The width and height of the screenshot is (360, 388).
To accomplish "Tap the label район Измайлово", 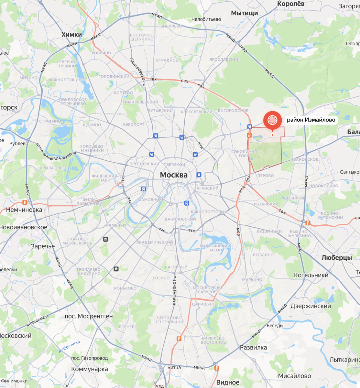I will pos(311,120).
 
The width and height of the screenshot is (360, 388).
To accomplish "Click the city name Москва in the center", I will pos(174,175).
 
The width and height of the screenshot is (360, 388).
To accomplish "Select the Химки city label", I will pos(71,35).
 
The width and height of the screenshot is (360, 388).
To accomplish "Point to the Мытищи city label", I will pos(244,13).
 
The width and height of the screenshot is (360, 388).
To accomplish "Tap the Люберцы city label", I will pos(336,257).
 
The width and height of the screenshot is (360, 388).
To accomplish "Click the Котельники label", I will pos(311,275).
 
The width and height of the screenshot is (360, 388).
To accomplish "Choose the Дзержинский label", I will pos(311,306).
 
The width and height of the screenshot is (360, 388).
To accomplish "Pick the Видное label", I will pos(228,383).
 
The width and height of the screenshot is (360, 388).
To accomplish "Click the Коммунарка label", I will pos(90,369).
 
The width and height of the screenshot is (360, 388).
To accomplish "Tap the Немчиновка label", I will pos(24,210).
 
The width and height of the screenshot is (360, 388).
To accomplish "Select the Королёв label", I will pos(291,4).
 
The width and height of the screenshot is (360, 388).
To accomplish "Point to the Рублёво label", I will pos(18,143).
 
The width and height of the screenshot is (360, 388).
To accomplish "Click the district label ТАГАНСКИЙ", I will pos(206,188).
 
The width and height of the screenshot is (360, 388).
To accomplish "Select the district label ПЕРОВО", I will pos(266,176).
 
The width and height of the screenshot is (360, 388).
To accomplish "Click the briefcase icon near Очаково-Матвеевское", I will pos(105,239).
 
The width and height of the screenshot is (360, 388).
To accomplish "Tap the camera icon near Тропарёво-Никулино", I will pos(116,269).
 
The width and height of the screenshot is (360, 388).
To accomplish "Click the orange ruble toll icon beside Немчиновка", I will pos(25,202).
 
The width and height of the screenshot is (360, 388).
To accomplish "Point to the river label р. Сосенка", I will pos(69,346).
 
